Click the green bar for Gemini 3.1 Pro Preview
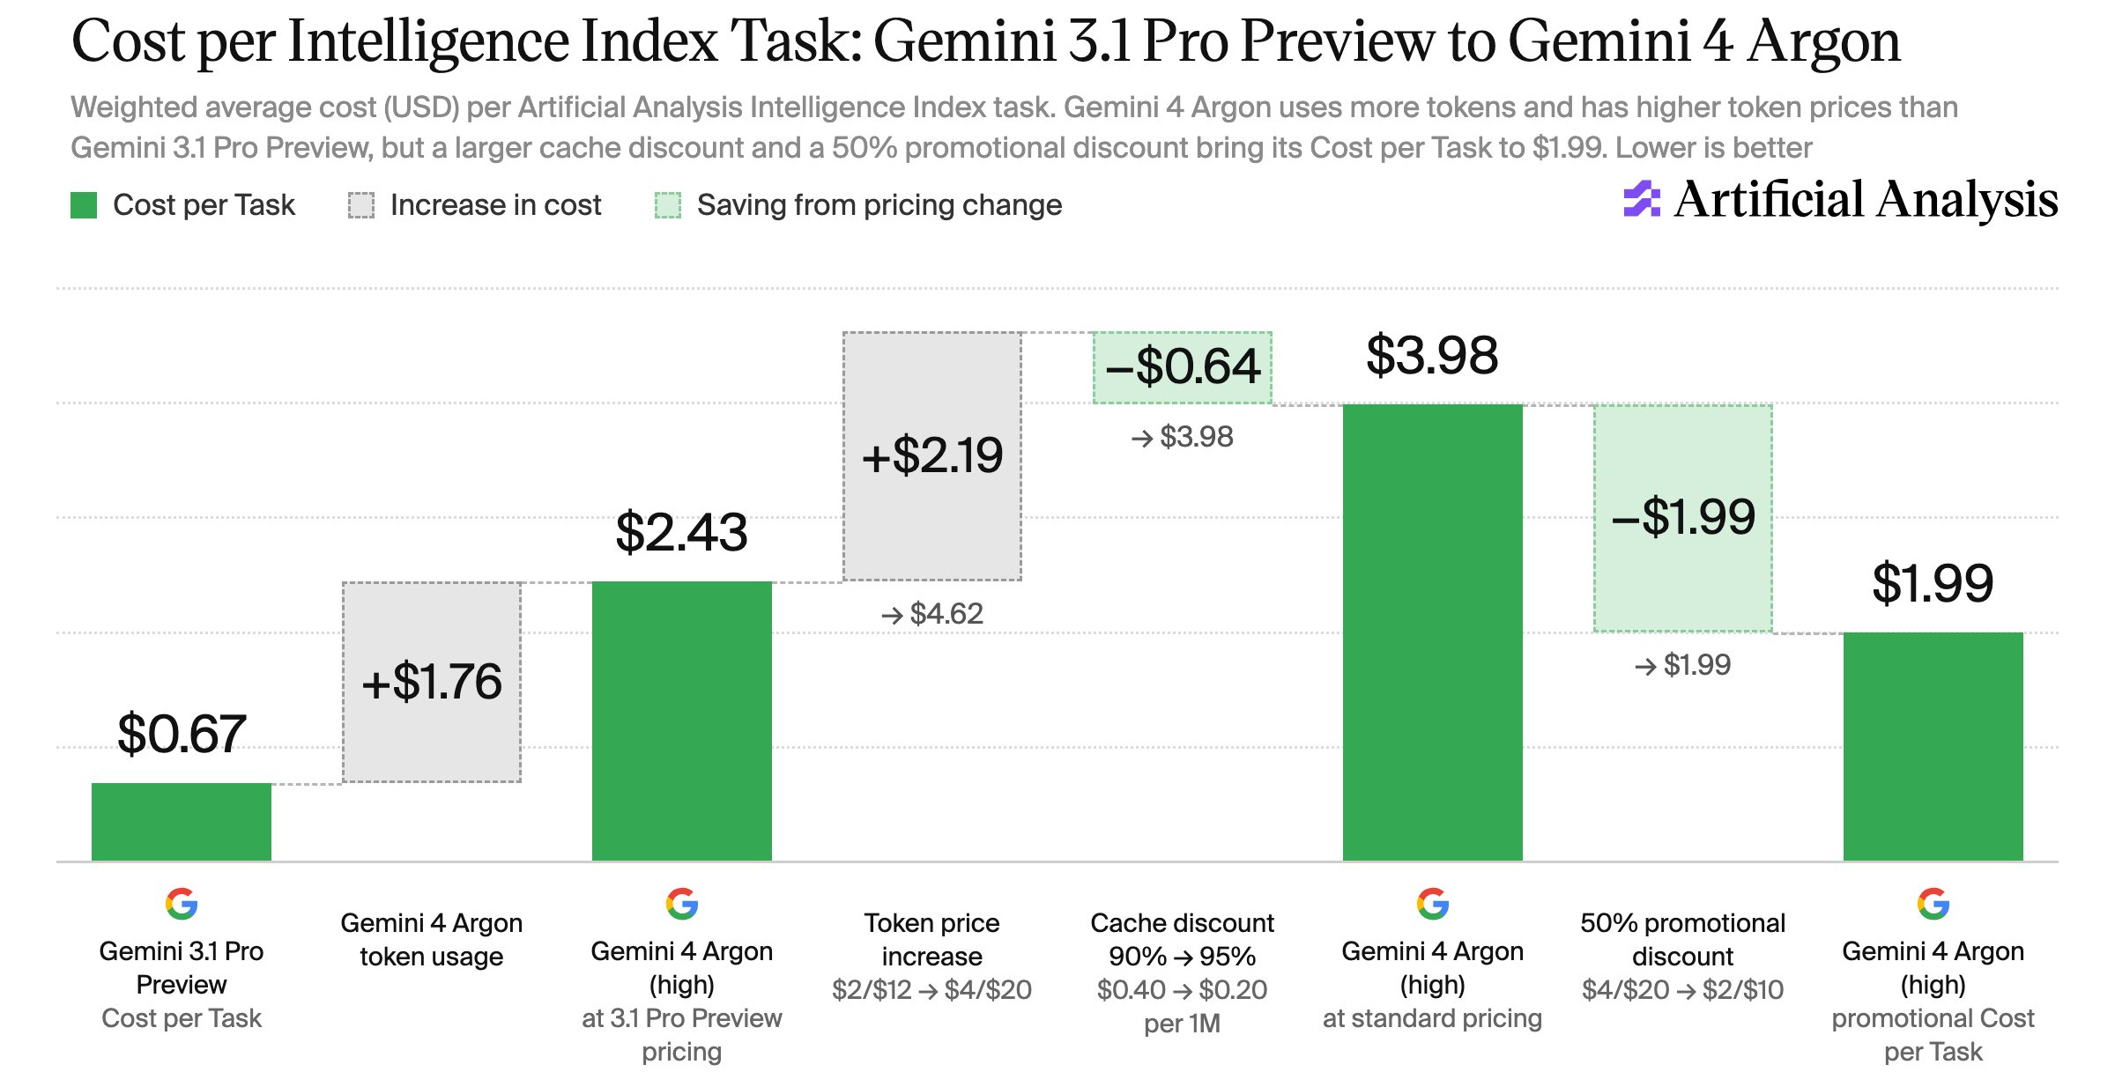click(182, 822)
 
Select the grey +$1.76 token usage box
click(432, 682)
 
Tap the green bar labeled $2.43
click(682, 721)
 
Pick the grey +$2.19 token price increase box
click(932, 456)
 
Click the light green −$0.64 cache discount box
click(1183, 367)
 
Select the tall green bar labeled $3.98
click(1433, 632)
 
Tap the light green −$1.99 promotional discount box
click(1683, 518)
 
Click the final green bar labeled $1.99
click(1933, 746)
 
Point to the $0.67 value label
click(182, 734)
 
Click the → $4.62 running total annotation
click(932, 613)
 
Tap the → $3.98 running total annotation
click(1183, 436)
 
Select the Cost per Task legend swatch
click(84, 205)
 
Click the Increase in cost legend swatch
click(361, 205)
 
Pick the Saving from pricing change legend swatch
click(668, 205)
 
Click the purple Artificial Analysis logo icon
click(1642, 199)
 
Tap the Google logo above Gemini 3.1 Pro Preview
click(182, 904)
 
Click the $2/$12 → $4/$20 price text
click(932, 990)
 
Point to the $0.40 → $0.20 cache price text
click(1183, 990)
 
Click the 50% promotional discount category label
click(1683, 940)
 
